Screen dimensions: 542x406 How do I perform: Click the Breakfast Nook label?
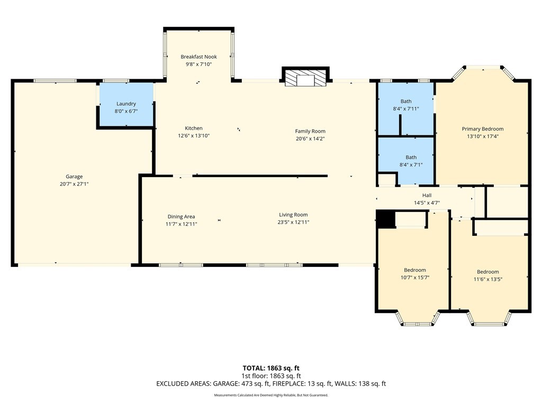click(x=199, y=57)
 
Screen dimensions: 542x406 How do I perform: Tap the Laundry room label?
click(x=126, y=104)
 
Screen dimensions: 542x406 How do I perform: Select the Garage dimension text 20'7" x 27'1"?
click(x=74, y=184)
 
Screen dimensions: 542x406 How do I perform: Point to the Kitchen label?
click(x=194, y=128)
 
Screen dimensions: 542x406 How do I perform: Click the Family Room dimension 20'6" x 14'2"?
click(x=310, y=139)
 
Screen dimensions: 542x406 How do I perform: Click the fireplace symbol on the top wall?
click(x=305, y=79)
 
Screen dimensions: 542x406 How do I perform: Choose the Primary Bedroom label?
click(x=483, y=129)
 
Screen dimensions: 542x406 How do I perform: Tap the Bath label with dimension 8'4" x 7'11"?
click(x=406, y=101)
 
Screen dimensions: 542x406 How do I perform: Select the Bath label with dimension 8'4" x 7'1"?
click(x=411, y=157)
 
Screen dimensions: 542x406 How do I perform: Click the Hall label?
click(x=427, y=196)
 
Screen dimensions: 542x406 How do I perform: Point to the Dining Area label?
click(x=181, y=216)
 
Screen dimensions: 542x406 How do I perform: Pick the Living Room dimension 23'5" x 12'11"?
click(x=293, y=223)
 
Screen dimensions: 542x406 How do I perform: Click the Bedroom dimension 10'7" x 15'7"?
click(x=415, y=278)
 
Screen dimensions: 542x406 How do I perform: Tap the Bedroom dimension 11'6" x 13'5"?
click(x=487, y=279)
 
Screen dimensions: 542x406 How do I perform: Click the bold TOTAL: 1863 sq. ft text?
click(x=271, y=368)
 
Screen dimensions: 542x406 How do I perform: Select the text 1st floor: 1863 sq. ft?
click(x=271, y=376)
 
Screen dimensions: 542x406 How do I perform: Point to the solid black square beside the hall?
click(x=385, y=219)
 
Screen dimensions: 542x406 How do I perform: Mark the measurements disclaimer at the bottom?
click(x=271, y=395)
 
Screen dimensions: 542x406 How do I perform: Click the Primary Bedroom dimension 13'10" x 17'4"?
click(x=483, y=136)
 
